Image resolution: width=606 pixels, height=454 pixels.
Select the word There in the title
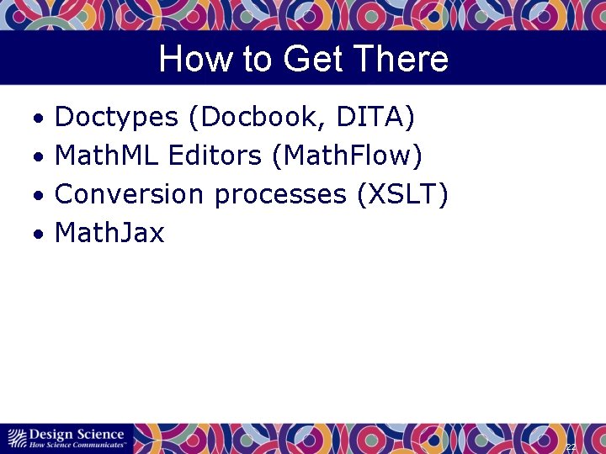tap(401, 60)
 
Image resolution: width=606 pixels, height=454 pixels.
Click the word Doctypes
tap(116, 118)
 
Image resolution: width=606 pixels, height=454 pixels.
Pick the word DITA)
tap(375, 118)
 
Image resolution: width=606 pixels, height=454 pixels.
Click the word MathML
tap(107, 156)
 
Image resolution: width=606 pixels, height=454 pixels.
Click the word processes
tap(280, 195)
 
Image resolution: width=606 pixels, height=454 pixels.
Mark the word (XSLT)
tap(402, 195)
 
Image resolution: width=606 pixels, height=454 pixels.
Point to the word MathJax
tap(109, 234)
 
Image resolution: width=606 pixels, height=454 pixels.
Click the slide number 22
tap(571, 447)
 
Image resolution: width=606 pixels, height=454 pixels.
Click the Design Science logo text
tap(76, 434)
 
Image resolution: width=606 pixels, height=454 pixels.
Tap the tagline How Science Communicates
tap(77, 444)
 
